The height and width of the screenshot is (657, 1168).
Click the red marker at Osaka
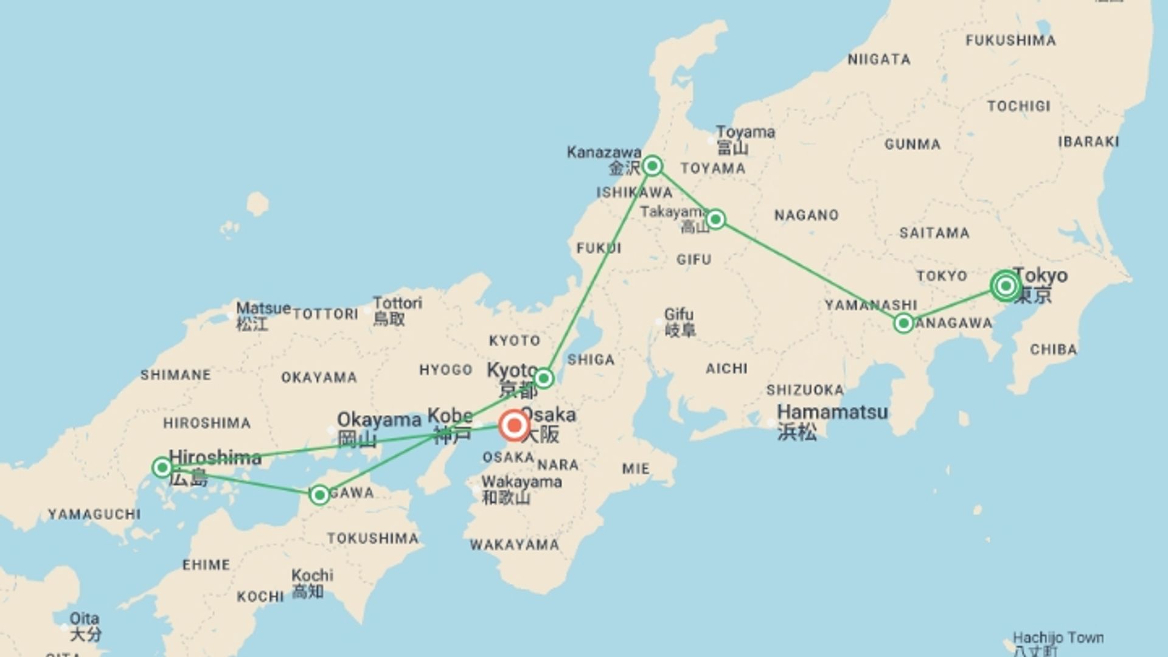pyautogui.click(x=514, y=425)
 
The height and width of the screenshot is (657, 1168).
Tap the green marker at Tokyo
pyautogui.click(x=1006, y=285)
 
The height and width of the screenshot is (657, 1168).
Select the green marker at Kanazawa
pyautogui.click(x=652, y=165)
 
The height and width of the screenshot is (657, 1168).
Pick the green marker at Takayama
pyautogui.click(x=715, y=219)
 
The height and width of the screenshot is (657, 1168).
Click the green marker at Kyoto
pyautogui.click(x=543, y=378)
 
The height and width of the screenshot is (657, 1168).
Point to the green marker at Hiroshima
pyautogui.click(x=162, y=467)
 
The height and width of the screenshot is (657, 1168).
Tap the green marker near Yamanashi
pyautogui.click(x=903, y=323)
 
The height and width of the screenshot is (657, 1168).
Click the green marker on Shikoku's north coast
pyautogui.click(x=319, y=495)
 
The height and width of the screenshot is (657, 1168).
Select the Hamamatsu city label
pyautogui.click(x=832, y=412)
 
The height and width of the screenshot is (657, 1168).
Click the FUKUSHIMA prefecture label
pyautogui.click(x=1010, y=41)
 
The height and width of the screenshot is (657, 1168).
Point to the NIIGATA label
pyautogui.click(x=879, y=60)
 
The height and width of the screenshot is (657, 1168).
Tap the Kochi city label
pyautogui.click(x=312, y=575)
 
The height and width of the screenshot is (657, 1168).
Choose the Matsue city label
pyautogui.click(x=263, y=308)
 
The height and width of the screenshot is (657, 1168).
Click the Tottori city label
pyautogui.click(x=397, y=303)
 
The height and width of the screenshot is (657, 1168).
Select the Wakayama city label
pyautogui.click(x=521, y=482)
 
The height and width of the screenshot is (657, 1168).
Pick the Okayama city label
pyautogui.click(x=378, y=420)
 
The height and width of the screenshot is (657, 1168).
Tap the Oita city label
pyautogui.click(x=84, y=619)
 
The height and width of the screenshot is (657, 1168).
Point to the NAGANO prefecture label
pyautogui.click(x=806, y=215)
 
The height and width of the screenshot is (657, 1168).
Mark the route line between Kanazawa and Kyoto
pyautogui.click(x=598, y=271)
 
